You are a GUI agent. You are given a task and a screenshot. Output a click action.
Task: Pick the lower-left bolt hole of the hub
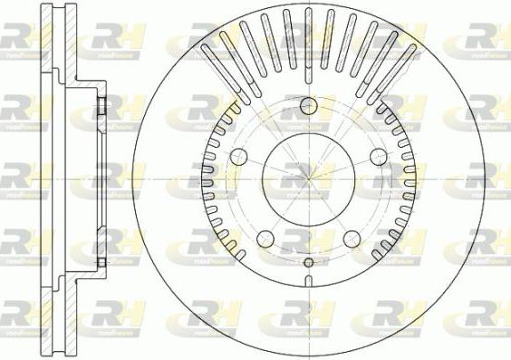(265, 238)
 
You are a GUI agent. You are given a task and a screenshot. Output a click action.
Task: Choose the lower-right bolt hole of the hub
(352, 238)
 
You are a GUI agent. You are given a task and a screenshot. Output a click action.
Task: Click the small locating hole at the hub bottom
(308, 263)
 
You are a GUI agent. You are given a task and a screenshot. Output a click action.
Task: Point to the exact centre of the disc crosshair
(308, 178)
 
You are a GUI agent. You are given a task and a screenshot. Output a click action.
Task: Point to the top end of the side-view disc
(56, 6)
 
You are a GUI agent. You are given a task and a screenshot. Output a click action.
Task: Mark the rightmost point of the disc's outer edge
(482, 178)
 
